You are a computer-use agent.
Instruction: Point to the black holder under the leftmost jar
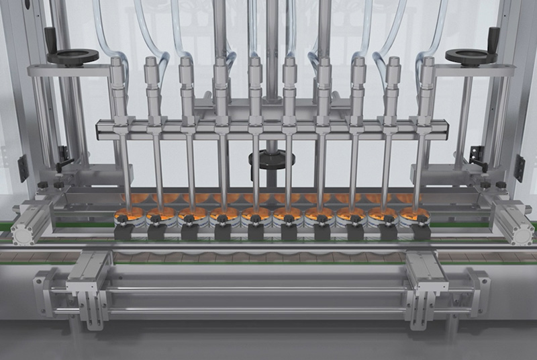click(125, 232)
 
